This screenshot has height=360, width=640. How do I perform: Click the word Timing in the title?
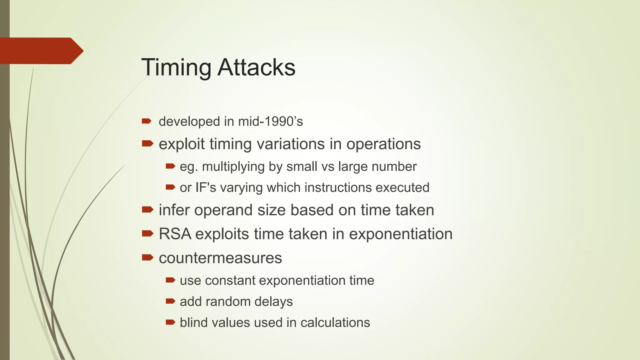click(x=176, y=67)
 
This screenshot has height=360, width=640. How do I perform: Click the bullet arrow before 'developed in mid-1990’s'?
click(x=146, y=121)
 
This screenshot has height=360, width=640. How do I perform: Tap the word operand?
click(x=223, y=210)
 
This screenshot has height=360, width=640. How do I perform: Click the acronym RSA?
click(x=175, y=234)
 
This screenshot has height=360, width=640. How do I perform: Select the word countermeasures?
click(x=220, y=258)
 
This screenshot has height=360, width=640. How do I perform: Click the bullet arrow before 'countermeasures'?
click(x=147, y=257)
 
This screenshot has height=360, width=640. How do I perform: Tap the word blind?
click(x=193, y=322)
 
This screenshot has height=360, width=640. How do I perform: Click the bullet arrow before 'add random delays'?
click(x=170, y=301)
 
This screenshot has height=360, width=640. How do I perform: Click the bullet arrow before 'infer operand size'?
click(x=147, y=209)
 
